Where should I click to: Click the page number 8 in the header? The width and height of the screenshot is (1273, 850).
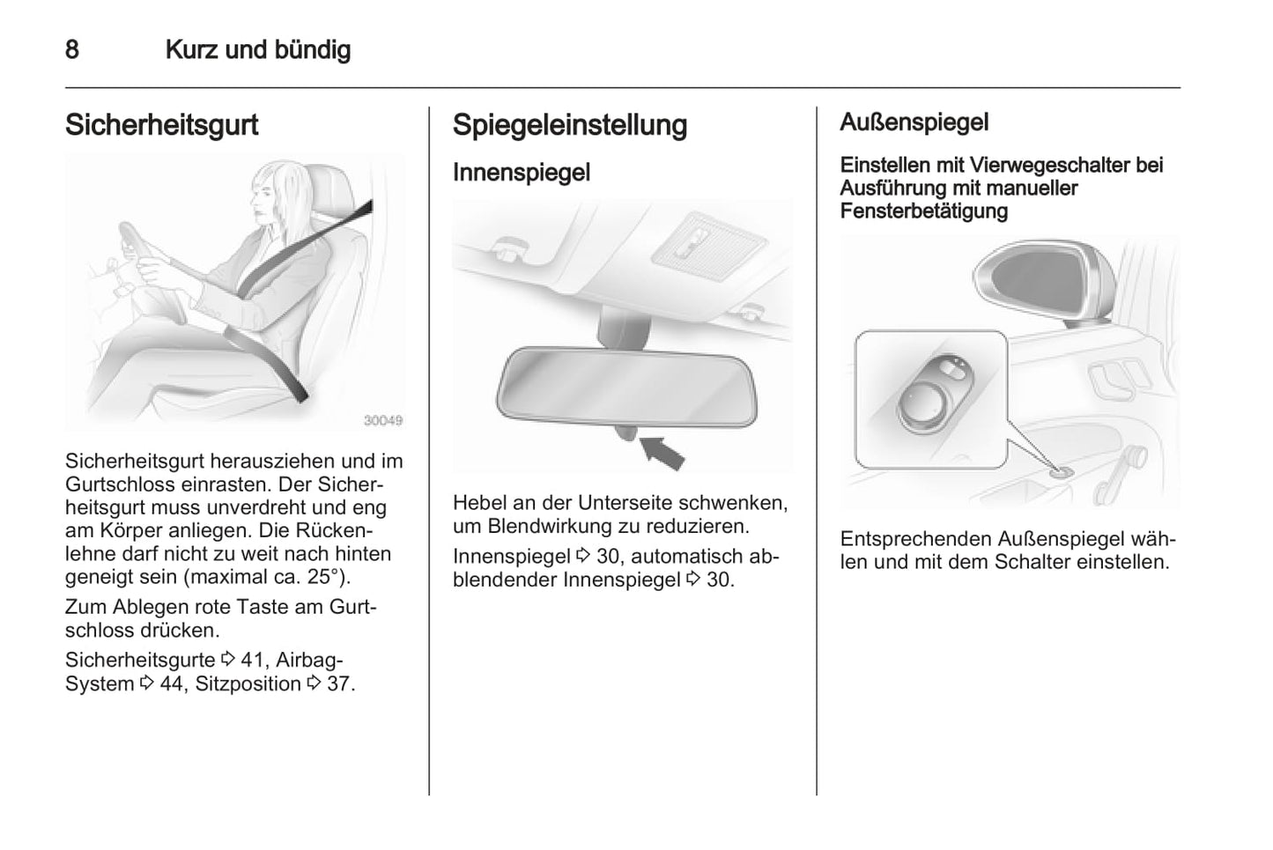[x=72, y=49]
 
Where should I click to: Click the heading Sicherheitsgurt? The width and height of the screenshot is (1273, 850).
[x=161, y=125]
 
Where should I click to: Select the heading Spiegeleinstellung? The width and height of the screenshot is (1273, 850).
[x=569, y=125]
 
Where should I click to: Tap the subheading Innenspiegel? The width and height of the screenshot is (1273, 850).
[x=521, y=173]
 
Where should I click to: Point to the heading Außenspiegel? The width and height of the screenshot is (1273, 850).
[x=914, y=122]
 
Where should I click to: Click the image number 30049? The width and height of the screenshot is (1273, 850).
[x=383, y=421]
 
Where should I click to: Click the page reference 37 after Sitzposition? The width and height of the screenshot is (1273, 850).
[x=338, y=684]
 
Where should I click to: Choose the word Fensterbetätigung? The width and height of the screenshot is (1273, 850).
[x=923, y=211]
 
